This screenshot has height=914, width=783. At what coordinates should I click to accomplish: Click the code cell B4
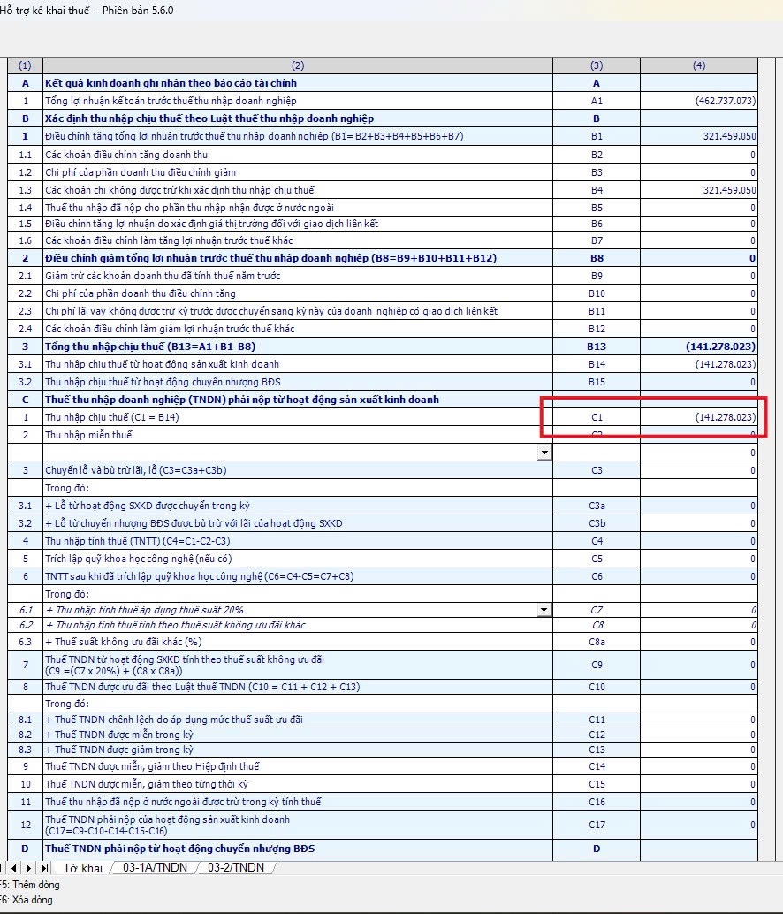[597, 190]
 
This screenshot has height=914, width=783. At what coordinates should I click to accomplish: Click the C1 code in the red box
[597, 417]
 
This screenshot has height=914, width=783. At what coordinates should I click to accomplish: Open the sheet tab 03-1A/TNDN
[155, 868]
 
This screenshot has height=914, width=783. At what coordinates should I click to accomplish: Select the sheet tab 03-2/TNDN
[236, 868]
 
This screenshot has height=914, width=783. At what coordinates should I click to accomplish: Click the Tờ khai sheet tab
[82, 869]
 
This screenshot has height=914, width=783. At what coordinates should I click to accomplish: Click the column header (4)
[698, 65]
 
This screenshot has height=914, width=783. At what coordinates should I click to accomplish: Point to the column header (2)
[297, 65]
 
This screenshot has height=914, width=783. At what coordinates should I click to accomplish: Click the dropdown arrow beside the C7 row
[544, 610]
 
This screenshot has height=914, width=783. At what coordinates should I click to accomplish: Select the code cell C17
[597, 825]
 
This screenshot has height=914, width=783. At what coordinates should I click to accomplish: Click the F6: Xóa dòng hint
[27, 900]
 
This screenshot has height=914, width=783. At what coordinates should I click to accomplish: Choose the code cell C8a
[597, 642]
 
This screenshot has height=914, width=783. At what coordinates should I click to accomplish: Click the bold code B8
[597, 258]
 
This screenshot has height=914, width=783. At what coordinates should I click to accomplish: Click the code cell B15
[597, 382]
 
